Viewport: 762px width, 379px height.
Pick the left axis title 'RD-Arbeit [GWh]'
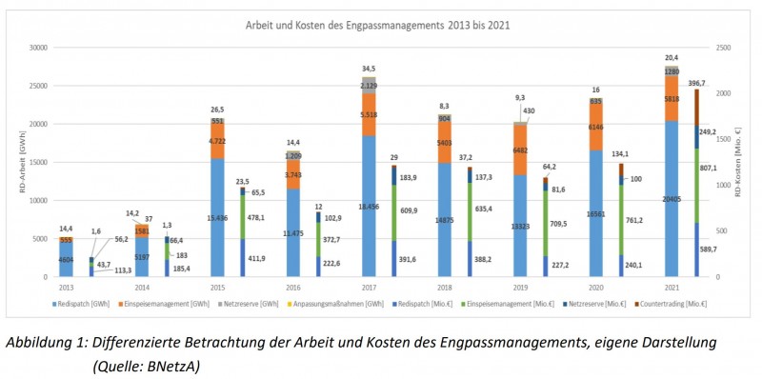click(x=12, y=162)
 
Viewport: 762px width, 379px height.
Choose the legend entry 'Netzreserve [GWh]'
click(x=251, y=304)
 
